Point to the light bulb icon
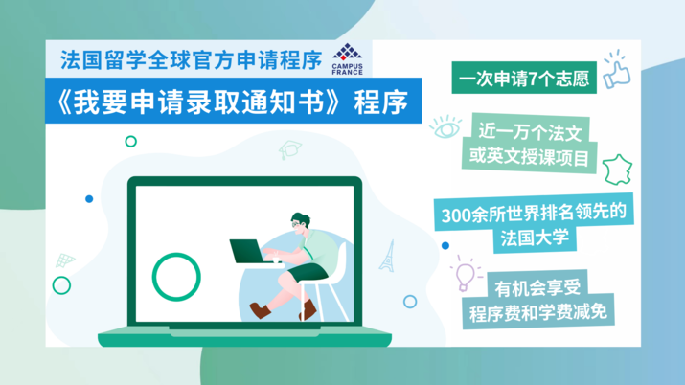point(467,275)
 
